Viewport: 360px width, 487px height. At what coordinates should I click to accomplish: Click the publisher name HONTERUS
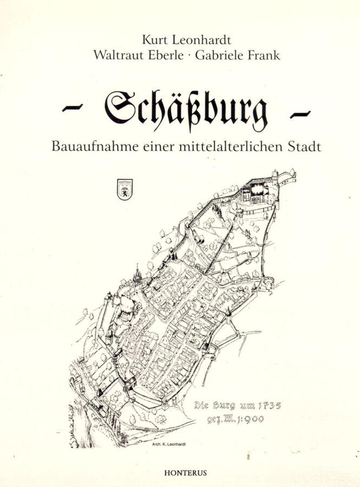click(x=185, y=472)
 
